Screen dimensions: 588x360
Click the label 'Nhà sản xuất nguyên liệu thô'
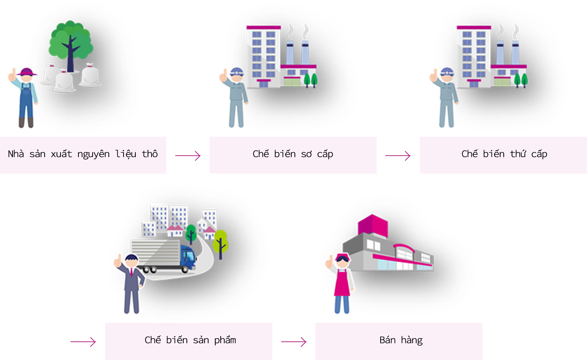click(x=83, y=154)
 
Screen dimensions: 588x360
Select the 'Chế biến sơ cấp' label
click(x=293, y=154)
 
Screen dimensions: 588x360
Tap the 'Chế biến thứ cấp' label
click(x=504, y=154)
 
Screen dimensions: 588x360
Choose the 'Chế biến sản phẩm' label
click(x=190, y=340)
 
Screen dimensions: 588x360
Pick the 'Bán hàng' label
click(x=401, y=340)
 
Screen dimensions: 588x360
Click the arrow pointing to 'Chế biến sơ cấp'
click(x=188, y=156)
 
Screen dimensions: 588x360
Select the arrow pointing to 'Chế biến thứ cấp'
click(x=398, y=156)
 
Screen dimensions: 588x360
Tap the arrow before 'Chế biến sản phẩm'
click(x=83, y=342)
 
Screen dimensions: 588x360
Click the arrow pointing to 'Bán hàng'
click(x=294, y=342)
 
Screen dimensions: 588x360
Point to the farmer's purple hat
click(x=26, y=72)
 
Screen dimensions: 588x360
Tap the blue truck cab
click(x=188, y=257)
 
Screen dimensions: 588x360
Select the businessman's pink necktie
click(x=131, y=272)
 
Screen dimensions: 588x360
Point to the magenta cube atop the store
click(x=373, y=225)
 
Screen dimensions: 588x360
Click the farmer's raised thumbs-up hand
click(x=12, y=75)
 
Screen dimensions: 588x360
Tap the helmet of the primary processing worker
click(x=237, y=72)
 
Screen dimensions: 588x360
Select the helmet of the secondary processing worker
click(x=447, y=72)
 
